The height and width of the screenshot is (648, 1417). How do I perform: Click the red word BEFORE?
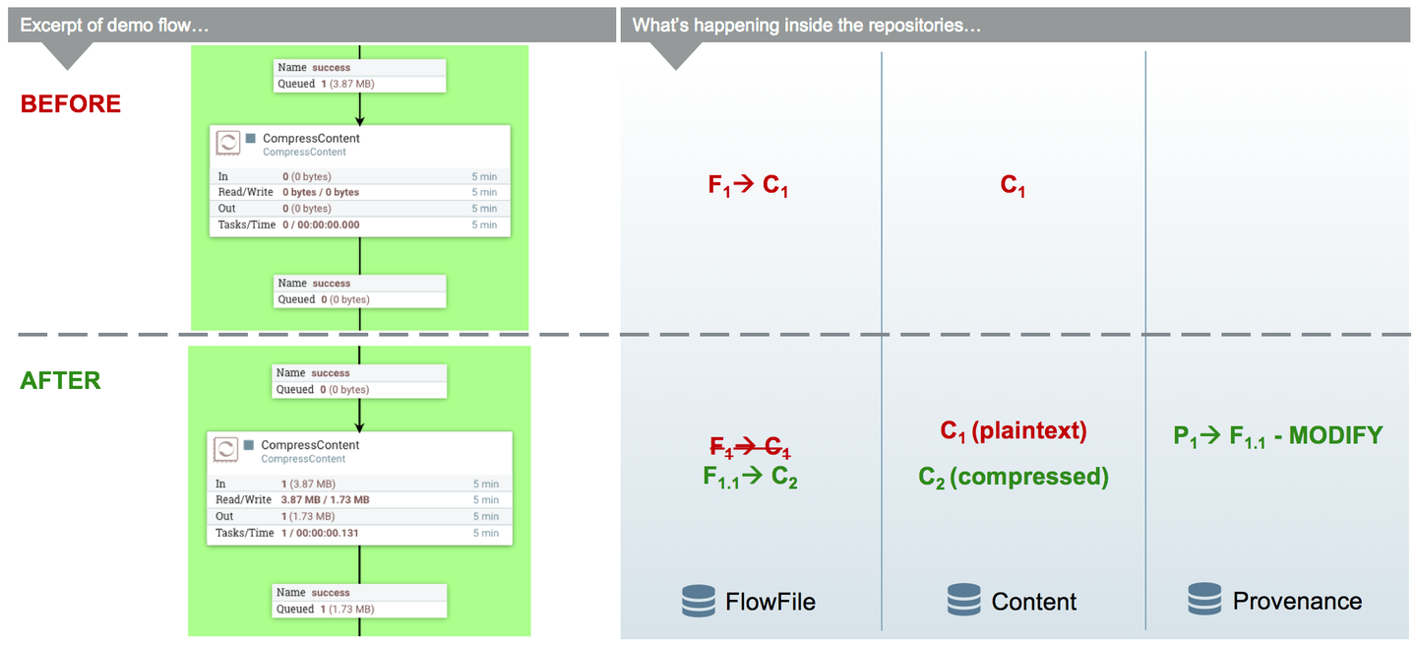pyautogui.click(x=70, y=103)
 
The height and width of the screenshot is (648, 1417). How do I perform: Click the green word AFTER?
pyautogui.click(x=60, y=380)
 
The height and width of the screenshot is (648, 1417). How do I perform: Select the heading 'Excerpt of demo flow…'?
pyautogui.click(x=114, y=26)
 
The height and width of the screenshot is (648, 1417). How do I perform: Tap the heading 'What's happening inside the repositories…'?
pyautogui.click(x=807, y=26)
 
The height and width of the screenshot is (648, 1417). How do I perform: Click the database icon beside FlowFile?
pyautogui.click(x=699, y=601)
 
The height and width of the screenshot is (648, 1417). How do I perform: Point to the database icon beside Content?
pyautogui.click(x=964, y=600)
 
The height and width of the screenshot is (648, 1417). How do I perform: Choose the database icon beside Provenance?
pyautogui.click(x=1204, y=600)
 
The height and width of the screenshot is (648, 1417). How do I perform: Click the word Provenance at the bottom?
pyautogui.click(x=1297, y=601)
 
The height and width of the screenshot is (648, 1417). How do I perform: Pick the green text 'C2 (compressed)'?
pyautogui.click(x=1014, y=478)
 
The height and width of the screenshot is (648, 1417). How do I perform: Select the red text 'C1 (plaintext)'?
pyautogui.click(x=1014, y=431)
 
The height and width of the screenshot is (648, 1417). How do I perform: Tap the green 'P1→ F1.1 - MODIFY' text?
pyautogui.click(x=1278, y=436)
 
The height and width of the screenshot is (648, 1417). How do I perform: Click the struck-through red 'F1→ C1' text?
pyautogui.click(x=750, y=448)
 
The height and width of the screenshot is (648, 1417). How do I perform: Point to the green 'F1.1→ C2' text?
pyautogui.click(x=750, y=478)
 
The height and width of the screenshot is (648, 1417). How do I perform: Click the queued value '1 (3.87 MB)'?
pyautogui.click(x=347, y=84)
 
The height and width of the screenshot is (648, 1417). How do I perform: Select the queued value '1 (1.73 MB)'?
pyautogui.click(x=347, y=609)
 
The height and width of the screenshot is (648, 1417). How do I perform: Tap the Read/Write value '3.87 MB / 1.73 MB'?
pyautogui.click(x=325, y=500)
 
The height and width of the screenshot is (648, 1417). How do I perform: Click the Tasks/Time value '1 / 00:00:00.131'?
pyautogui.click(x=320, y=533)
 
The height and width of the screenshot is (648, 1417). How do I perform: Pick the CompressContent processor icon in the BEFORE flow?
pyautogui.click(x=227, y=143)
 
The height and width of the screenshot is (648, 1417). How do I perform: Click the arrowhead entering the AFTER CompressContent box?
pyautogui.click(x=359, y=426)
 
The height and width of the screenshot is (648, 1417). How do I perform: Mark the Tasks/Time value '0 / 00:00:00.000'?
pyautogui.click(x=322, y=225)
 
